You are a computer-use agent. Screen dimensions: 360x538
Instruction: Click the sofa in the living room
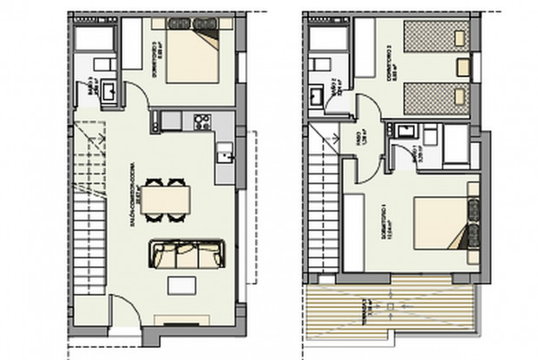tap(187, 254)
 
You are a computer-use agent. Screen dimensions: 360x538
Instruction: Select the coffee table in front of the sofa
tap(182, 285)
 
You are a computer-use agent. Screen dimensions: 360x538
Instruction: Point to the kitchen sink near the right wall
tap(225, 156)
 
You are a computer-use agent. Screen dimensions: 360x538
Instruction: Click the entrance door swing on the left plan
tap(128, 326)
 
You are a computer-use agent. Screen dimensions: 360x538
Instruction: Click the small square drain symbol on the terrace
tap(392, 307)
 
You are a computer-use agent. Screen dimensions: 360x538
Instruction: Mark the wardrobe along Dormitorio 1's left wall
tap(353, 230)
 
